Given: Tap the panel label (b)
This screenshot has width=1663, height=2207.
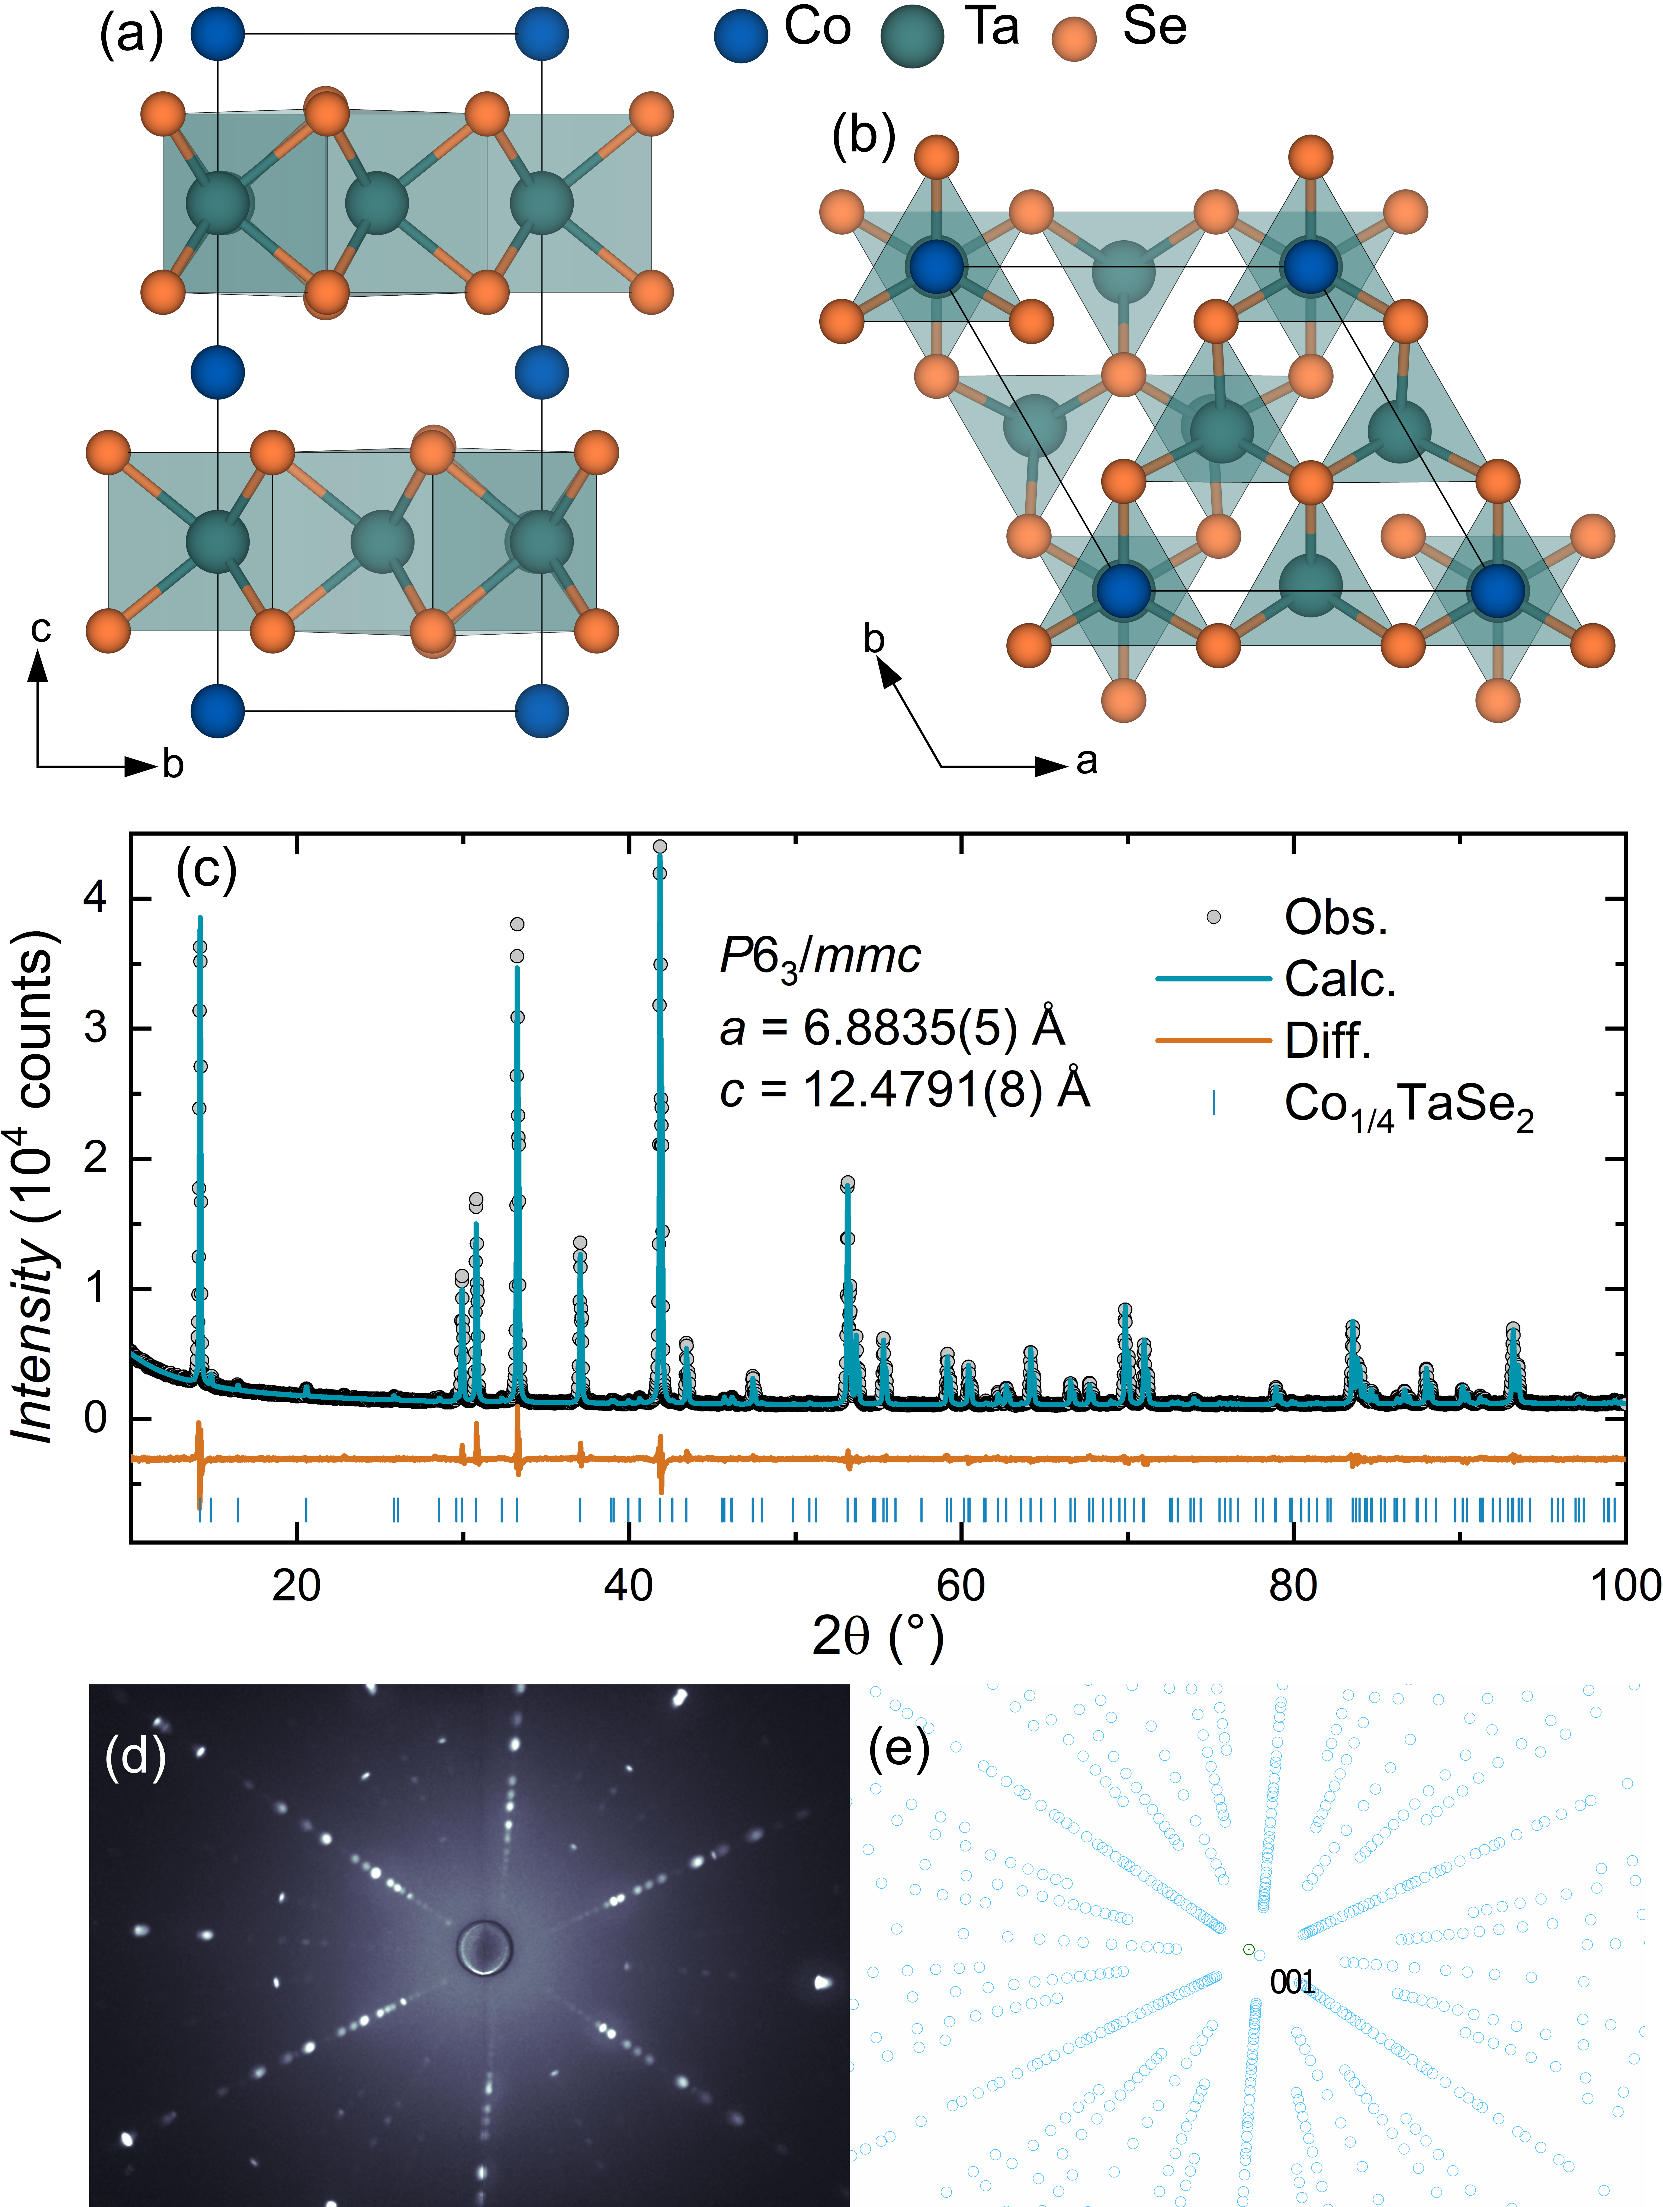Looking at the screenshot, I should pos(863,136).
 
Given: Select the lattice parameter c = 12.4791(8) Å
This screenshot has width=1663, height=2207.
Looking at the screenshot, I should pos(904,1089).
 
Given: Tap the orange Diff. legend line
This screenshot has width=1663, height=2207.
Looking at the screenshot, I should pos(1213,1041).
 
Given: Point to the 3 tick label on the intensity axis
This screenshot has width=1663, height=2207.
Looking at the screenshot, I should pos(96,1028).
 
